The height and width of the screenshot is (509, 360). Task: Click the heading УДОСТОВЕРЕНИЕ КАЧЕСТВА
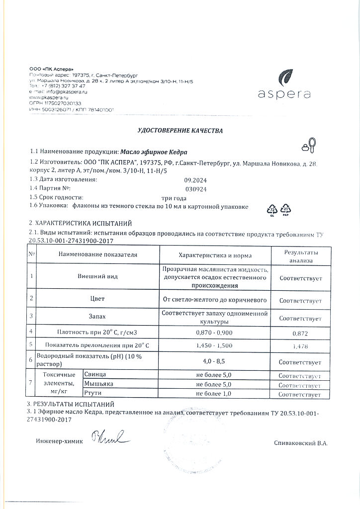tap(180, 131)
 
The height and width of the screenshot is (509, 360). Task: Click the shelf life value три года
tap(172, 198)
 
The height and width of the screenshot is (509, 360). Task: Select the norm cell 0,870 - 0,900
tap(215, 331)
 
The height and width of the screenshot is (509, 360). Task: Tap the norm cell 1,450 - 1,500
tap(215, 344)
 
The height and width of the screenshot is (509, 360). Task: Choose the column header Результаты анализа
tap(300, 256)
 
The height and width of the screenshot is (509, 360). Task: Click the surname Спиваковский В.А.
tap(300, 443)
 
